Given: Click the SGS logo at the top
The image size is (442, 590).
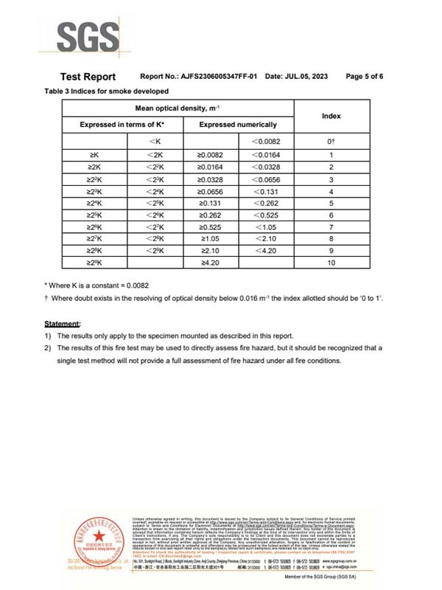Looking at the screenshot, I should (x=87, y=35).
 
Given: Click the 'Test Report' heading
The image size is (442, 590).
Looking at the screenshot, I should (x=88, y=77).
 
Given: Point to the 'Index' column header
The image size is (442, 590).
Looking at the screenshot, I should (x=331, y=117).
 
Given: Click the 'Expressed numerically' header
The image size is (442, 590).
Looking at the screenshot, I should (x=238, y=125).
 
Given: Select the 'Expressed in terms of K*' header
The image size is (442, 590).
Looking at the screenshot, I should (x=122, y=125).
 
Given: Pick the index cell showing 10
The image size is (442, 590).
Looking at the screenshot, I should (x=331, y=263).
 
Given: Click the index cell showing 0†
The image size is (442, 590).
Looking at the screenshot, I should (x=331, y=141).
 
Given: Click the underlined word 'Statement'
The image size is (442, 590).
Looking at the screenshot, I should (x=63, y=324).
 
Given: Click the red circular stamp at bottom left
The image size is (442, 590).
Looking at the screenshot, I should (x=94, y=544).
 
